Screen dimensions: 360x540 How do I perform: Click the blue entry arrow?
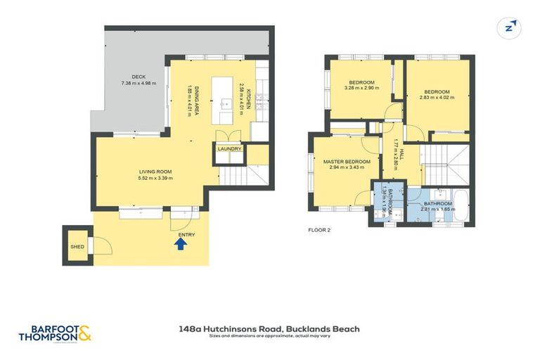180,244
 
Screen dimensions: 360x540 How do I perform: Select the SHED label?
77,247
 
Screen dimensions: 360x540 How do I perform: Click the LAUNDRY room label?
229,149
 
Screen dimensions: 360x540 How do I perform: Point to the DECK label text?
139,77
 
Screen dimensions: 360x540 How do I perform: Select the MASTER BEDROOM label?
347,162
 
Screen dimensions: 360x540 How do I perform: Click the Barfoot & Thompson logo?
55,333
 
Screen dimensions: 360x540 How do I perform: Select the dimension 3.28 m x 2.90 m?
359,89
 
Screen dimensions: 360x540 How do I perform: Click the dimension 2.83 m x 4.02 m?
439,97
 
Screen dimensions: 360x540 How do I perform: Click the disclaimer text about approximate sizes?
270,336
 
